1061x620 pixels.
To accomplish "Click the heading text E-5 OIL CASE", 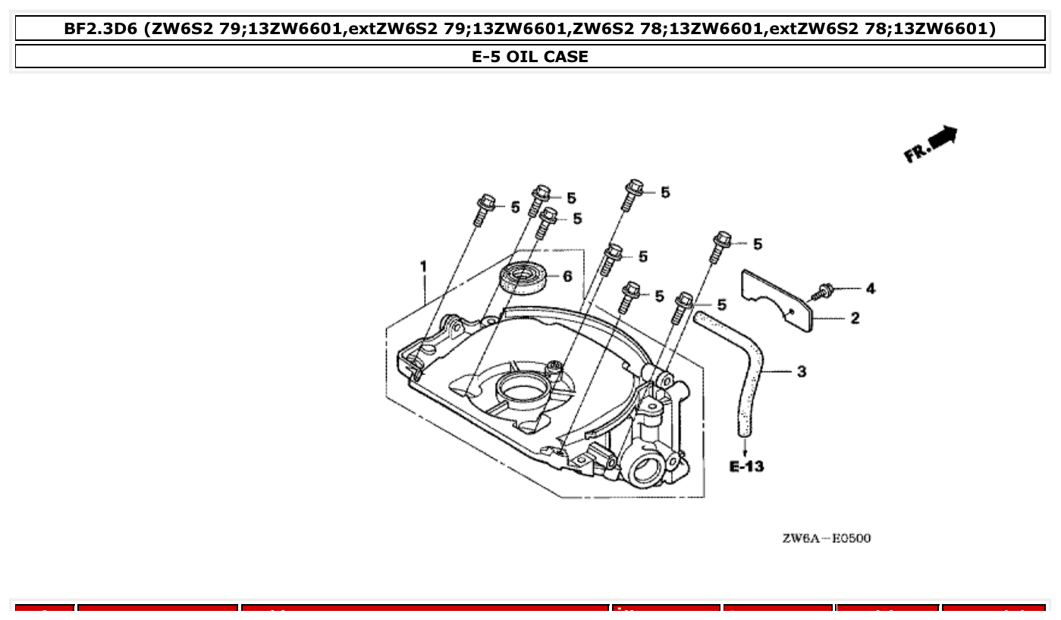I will click(530, 57).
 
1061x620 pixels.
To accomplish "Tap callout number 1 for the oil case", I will click(424, 266).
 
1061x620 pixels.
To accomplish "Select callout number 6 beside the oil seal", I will click(567, 277).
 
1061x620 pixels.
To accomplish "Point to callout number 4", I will click(870, 289).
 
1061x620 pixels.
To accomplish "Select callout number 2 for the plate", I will click(855, 318).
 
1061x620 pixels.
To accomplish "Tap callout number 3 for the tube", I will click(802, 371).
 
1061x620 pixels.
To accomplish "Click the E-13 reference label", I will click(746, 466).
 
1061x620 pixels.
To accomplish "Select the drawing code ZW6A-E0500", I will click(827, 538).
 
